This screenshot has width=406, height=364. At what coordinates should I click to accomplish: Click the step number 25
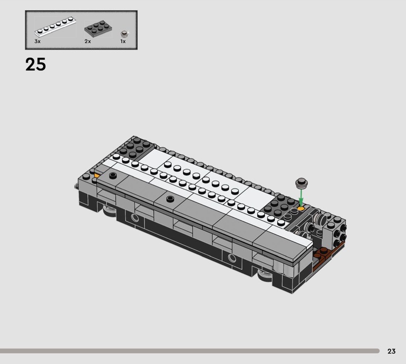[36, 64]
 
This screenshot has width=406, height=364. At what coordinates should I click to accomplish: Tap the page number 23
[391, 351]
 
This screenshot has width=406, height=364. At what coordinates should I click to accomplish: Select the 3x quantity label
[37, 42]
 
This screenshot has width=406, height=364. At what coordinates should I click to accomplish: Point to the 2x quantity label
[87, 42]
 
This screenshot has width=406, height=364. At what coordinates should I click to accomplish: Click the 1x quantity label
[123, 42]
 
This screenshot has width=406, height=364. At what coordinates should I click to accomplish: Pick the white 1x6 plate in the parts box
[55, 27]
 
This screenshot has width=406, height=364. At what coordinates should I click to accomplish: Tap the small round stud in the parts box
[124, 34]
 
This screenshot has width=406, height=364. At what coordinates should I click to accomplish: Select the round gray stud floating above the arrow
[301, 183]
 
